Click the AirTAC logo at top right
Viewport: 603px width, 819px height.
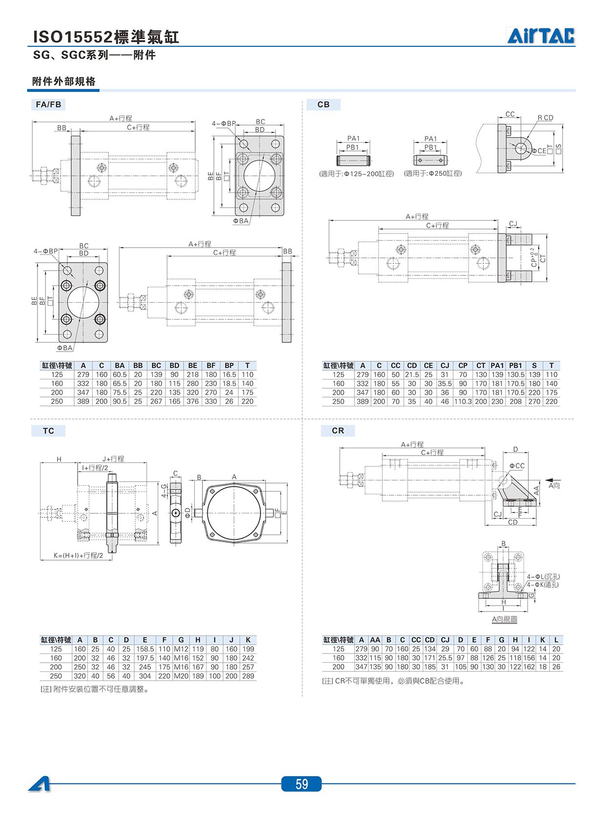(541, 36)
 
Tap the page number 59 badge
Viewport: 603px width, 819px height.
(302, 784)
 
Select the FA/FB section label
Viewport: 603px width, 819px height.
(48, 105)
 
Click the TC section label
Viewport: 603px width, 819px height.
(48, 431)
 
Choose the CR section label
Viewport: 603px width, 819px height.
(338, 431)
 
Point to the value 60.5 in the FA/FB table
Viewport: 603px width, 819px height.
(120, 375)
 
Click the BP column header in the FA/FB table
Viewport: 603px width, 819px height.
(229, 366)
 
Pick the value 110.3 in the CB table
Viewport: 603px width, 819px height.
(463, 401)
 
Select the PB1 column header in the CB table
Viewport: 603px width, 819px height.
(516, 366)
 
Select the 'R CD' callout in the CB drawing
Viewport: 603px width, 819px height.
(545, 118)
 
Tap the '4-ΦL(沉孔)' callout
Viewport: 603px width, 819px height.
(543, 577)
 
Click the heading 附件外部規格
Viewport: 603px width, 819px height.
(64, 81)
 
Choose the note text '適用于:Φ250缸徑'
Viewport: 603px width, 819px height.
(433, 173)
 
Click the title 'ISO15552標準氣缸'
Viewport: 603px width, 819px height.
(106, 37)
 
